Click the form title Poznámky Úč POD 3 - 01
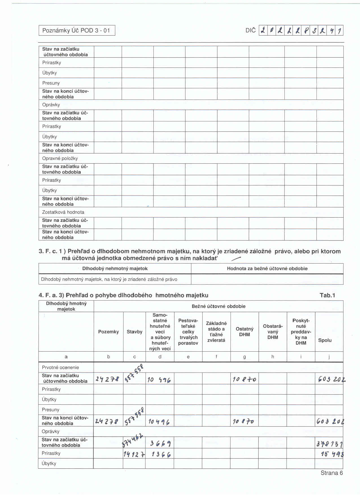tap(76, 30)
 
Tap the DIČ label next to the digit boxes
tap(250, 30)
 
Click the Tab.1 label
tap(327, 295)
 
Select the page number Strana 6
tap(331, 473)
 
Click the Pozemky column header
tap(108, 332)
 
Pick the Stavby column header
tap(134, 332)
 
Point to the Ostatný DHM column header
tap(245, 332)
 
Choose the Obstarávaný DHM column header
tap(273, 332)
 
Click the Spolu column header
tap(325, 340)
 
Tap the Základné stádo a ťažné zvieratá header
tap(216, 332)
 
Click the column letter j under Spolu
tap(329, 357)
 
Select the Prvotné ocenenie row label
tap(60, 367)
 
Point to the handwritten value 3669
tap(160, 443)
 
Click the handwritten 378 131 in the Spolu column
tap(330, 444)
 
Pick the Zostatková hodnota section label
tap(63, 212)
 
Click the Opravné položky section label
tap(60, 159)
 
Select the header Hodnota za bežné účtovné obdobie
tap(267, 269)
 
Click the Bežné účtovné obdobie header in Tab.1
tap(219, 306)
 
